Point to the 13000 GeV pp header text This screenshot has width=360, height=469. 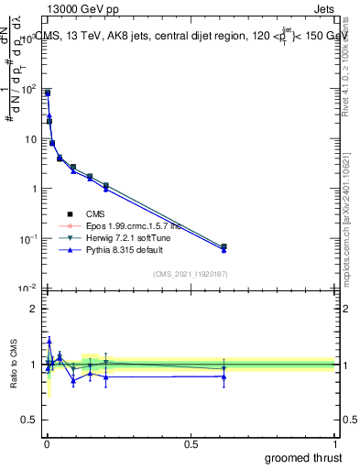80,8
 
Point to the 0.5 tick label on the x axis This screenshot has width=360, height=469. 191,442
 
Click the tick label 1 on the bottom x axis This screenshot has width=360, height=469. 334,442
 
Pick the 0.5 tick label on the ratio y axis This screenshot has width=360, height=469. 28,420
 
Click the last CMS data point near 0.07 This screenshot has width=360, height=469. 224,246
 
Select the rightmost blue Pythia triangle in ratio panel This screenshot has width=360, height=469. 224,376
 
